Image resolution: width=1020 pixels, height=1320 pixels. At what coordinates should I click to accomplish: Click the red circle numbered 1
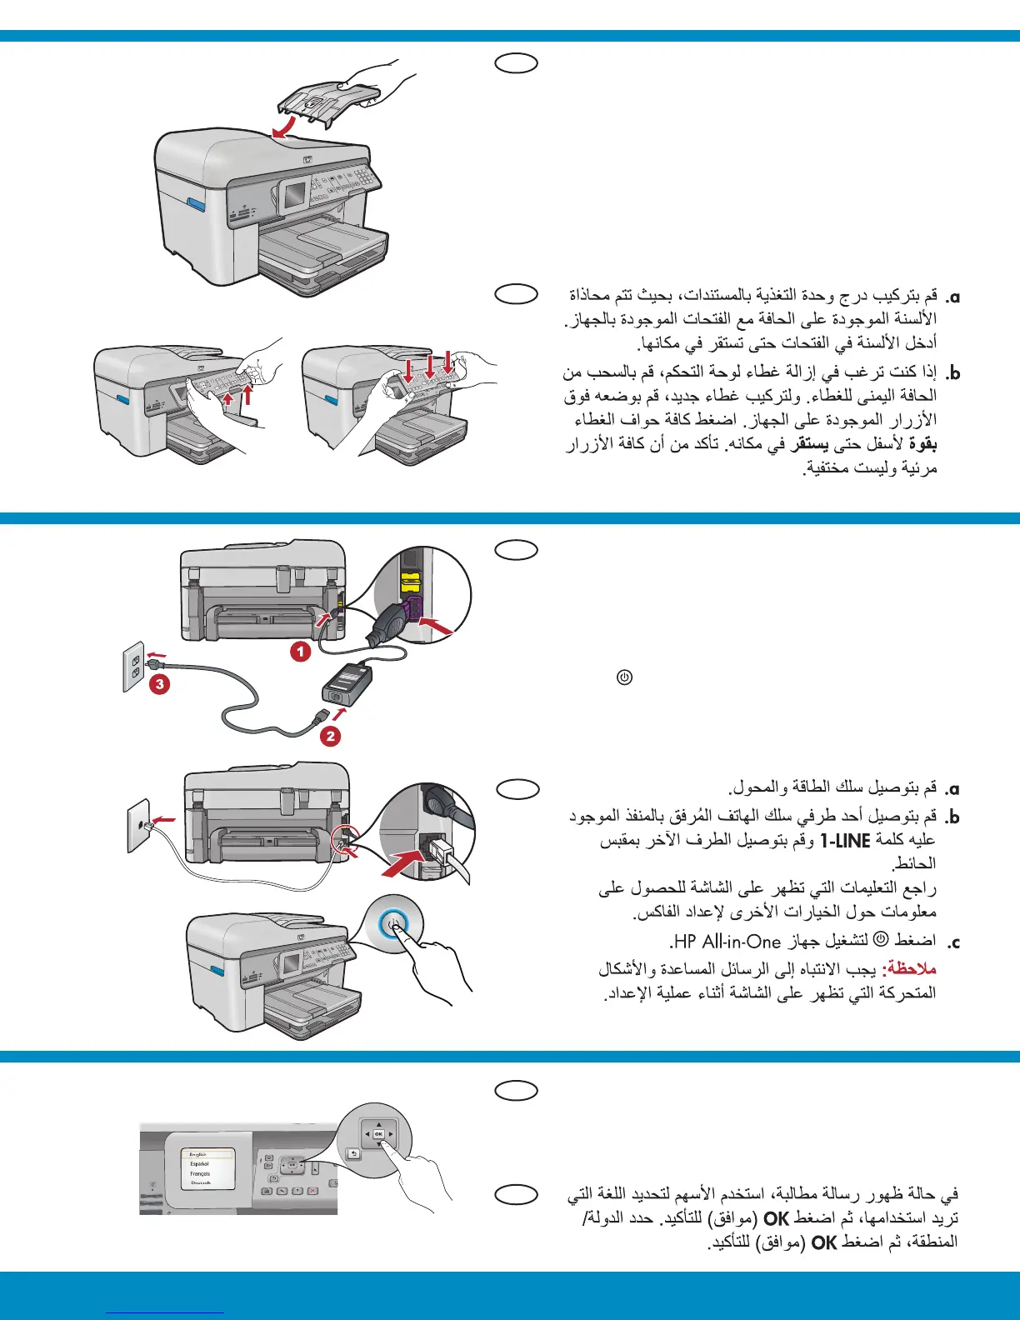pyautogui.click(x=301, y=651)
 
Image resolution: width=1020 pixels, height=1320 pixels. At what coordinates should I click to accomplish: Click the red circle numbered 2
pyautogui.click(x=331, y=736)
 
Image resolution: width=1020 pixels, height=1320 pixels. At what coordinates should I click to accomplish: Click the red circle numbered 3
pyautogui.click(x=159, y=685)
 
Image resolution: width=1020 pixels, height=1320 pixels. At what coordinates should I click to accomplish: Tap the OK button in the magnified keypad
pyautogui.click(x=378, y=1134)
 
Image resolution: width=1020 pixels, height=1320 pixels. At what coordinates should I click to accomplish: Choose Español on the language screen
pyautogui.click(x=200, y=1163)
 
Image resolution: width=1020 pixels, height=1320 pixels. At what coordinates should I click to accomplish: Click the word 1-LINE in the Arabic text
pyautogui.click(x=845, y=841)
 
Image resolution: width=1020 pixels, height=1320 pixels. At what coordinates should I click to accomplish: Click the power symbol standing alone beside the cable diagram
pyautogui.click(x=624, y=677)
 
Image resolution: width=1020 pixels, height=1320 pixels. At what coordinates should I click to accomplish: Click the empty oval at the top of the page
pyautogui.click(x=516, y=62)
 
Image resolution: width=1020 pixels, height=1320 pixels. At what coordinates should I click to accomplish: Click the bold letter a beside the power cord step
pyautogui.click(x=953, y=788)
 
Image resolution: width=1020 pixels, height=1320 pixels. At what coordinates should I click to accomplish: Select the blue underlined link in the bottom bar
pyautogui.click(x=166, y=1312)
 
